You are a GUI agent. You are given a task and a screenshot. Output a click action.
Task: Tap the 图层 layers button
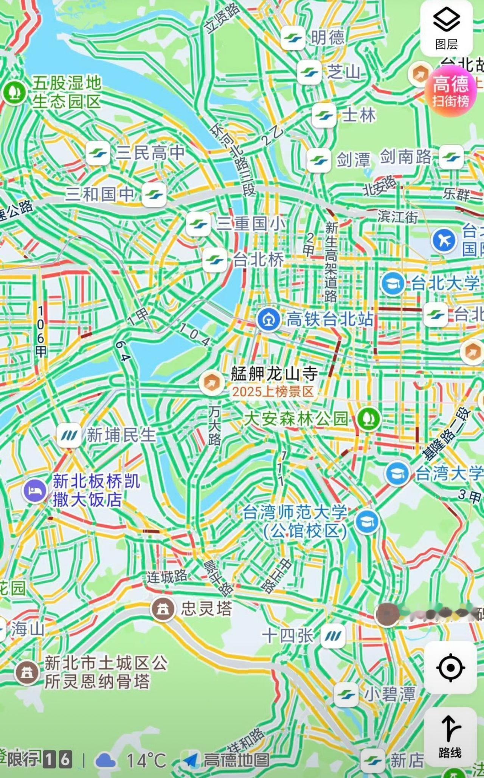coord(447,28)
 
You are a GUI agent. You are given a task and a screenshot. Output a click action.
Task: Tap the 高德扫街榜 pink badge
coord(450,91)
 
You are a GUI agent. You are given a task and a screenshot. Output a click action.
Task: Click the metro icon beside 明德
coord(293,38)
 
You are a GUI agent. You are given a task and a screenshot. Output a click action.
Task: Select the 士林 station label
coord(359,115)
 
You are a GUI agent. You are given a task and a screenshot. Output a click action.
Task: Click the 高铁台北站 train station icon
coord(268,320)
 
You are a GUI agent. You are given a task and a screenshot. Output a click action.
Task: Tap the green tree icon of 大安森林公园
coord(369,419)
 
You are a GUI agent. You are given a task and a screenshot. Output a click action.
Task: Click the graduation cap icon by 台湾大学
coord(397,474)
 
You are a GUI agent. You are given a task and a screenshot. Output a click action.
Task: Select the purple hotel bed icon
coord(35,491)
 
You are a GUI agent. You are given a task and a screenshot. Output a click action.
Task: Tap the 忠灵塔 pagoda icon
coord(163,609)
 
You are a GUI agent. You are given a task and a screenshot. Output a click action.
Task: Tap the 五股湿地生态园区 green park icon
coord(14,92)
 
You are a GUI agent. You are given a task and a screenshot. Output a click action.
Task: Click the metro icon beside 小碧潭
coord(346,694)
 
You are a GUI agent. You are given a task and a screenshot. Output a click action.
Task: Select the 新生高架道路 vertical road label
coord(331,262)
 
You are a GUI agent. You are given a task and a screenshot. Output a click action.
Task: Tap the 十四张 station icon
coord(333,636)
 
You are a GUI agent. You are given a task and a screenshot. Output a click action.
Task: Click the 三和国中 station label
coord(99,194)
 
